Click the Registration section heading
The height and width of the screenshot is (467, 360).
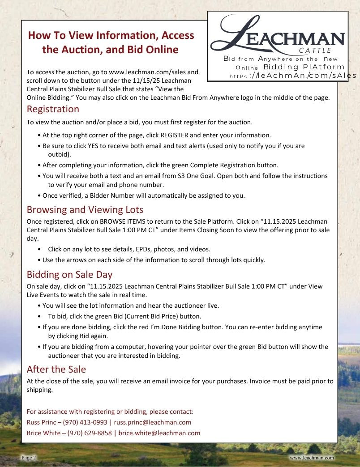[x=53, y=109]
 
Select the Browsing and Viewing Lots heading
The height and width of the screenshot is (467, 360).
[x=85, y=209]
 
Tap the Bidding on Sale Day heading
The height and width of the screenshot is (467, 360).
[x=69, y=274]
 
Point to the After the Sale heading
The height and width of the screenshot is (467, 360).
[x=56, y=369]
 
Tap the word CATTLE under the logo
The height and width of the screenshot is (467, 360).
[x=315, y=51]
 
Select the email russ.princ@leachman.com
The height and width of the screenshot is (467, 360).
[x=153, y=422]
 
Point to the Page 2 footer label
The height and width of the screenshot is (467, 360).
[x=29, y=458]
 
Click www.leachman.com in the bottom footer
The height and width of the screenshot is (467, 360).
[x=312, y=458]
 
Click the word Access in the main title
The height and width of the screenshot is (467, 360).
[x=172, y=35]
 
